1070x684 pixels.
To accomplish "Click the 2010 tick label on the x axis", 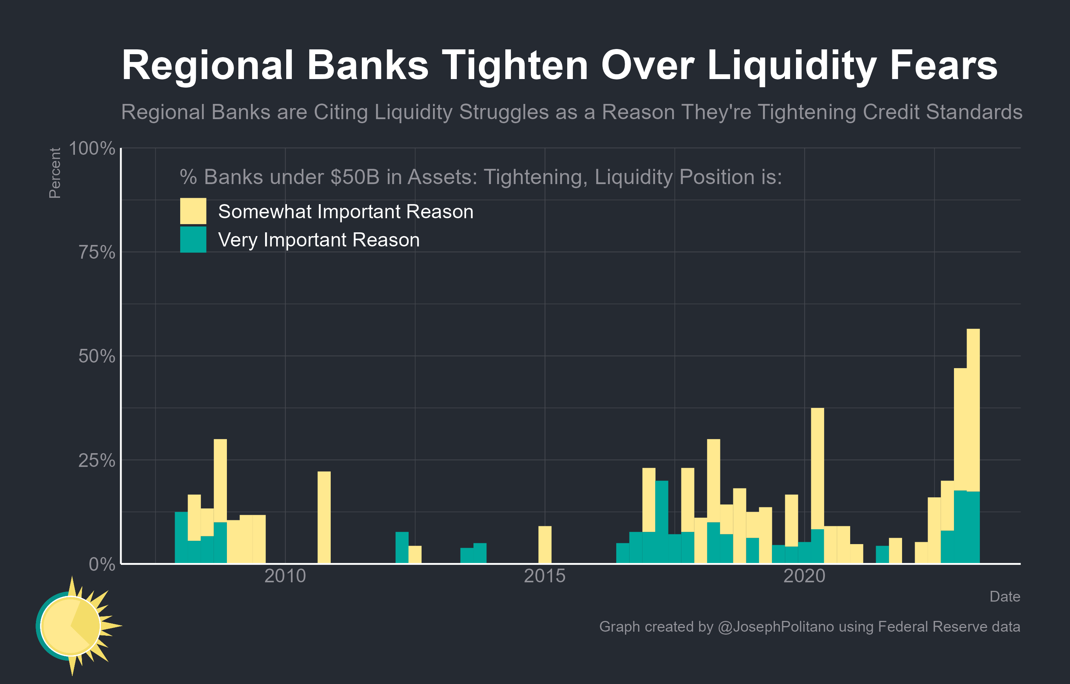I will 285,576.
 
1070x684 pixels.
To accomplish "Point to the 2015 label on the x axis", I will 544,576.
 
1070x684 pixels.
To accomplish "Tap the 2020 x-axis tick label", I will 804,576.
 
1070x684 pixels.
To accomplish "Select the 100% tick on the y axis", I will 92,148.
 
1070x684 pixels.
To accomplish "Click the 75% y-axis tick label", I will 97,253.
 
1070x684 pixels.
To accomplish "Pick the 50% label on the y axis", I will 97,356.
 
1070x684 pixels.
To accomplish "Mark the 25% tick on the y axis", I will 97,460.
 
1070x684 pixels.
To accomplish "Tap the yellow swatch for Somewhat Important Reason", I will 193,211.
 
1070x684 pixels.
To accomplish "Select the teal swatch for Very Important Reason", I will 193,239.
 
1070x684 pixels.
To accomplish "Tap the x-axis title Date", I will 1004,596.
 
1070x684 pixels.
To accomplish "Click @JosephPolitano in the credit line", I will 776,626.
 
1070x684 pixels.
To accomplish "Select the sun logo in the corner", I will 73,626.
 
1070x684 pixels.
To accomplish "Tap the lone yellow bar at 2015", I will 545,545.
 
